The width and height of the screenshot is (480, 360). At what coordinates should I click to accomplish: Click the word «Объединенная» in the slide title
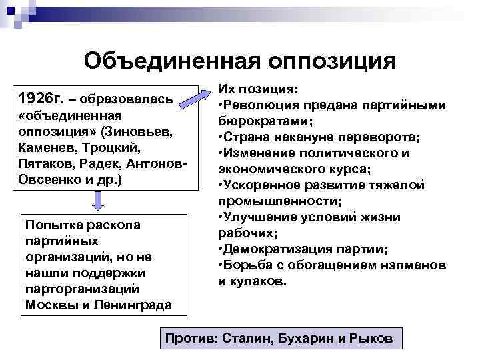(171, 61)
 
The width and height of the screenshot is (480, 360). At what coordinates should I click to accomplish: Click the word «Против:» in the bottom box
(191, 339)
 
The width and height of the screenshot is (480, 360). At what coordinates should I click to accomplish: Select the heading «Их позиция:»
(258, 90)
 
